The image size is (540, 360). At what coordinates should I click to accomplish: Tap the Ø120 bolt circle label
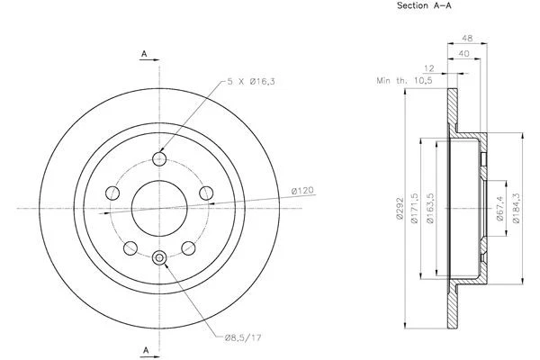point(301,190)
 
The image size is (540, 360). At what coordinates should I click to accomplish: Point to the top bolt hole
point(160,159)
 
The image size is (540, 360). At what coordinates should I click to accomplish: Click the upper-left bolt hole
point(113,193)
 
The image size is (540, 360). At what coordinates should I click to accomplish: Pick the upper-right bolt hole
point(206,192)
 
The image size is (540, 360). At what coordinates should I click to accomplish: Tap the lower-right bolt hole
point(189,247)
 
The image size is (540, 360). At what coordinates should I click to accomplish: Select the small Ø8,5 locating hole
point(160,259)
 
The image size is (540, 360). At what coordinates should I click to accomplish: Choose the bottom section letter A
point(144,348)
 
